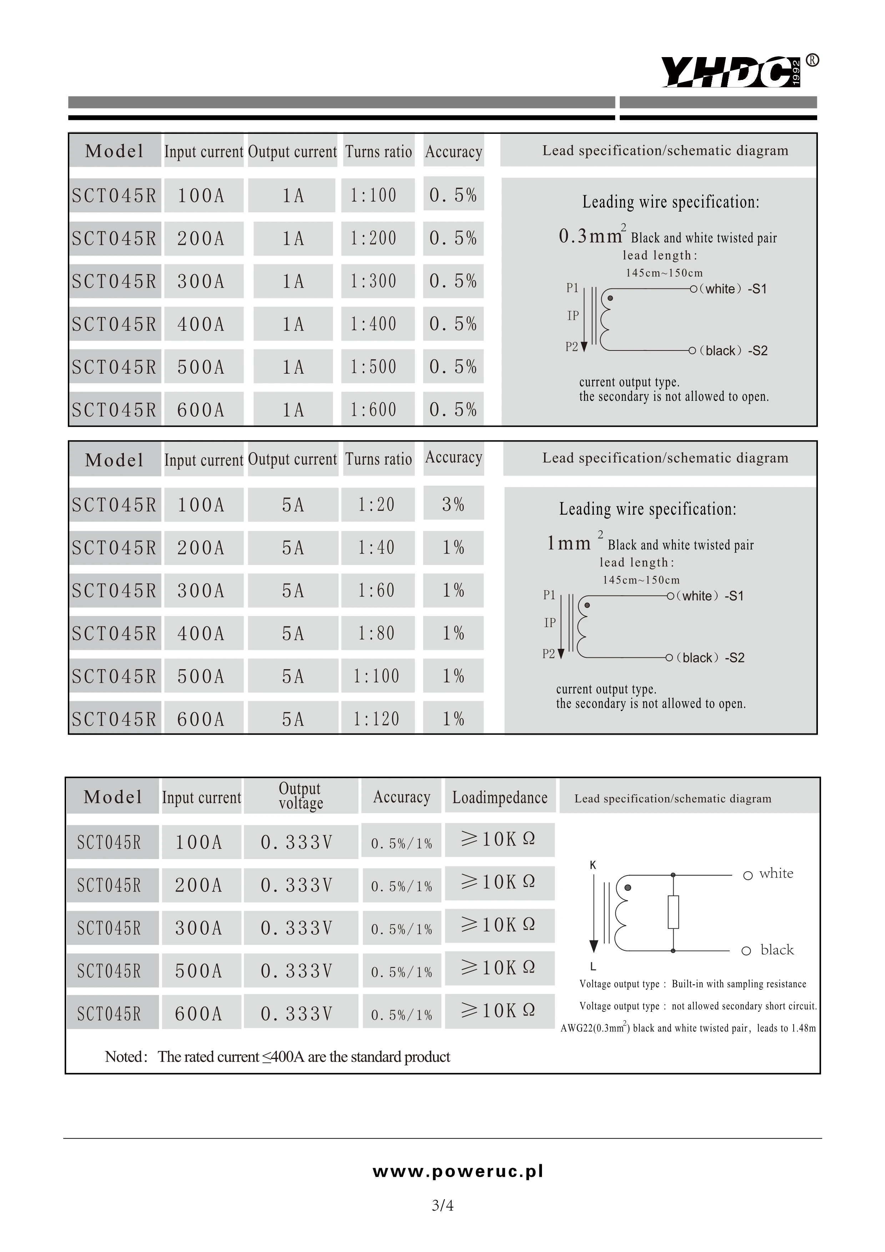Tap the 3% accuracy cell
(x=453, y=504)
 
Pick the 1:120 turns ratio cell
(x=376, y=719)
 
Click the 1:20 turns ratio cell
(x=376, y=504)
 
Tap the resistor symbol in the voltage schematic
(x=673, y=912)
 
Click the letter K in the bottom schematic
(x=593, y=865)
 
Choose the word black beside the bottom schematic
(x=777, y=950)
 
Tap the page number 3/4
(x=442, y=1205)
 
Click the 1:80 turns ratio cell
(x=376, y=633)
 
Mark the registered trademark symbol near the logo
(x=812, y=61)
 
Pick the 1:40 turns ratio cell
(x=376, y=547)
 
